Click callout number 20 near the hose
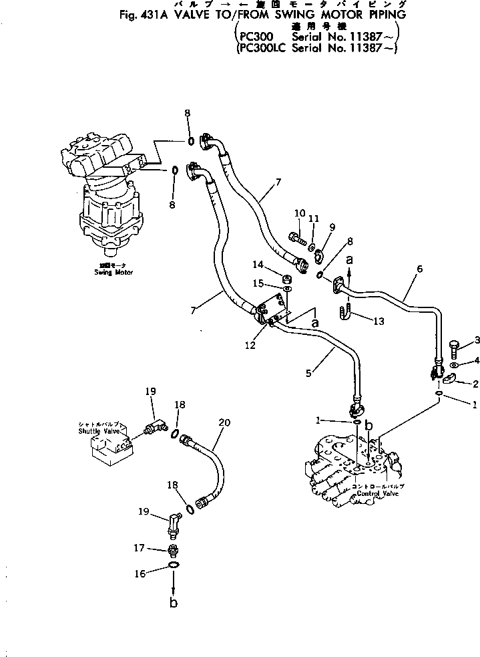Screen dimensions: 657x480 tap(224, 422)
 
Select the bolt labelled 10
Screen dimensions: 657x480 tap(296, 236)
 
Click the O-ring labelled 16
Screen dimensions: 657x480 tap(174, 565)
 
